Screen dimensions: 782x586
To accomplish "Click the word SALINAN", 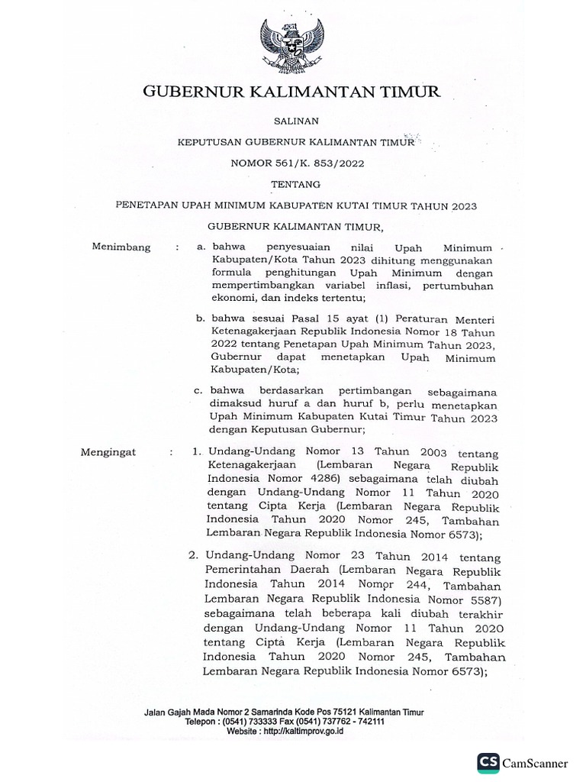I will pyautogui.click(x=293, y=120).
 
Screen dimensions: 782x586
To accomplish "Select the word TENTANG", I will pyautogui.click(x=293, y=184).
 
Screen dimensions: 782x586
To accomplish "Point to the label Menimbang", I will pyautogui.click(x=121, y=247).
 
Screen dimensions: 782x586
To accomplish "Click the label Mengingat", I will pyautogui.click(x=108, y=452).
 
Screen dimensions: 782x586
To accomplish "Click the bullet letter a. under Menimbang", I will pyautogui.click(x=201, y=247).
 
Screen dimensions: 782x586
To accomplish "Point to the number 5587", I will pyautogui.click(x=481, y=599).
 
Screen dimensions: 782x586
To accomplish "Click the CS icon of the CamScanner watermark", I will pyautogui.click(x=489, y=762).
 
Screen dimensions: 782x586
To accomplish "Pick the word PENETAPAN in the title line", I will pyautogui.click(x=144, y=205).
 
